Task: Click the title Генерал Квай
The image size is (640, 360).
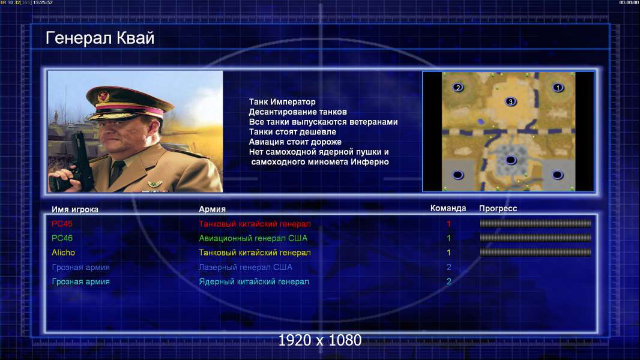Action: (x=100, y=38)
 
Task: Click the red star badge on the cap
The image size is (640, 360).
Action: (x=103, y=97)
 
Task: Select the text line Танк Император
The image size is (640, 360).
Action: (x=282, y=102)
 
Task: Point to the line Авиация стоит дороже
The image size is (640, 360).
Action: (x=295, y=142)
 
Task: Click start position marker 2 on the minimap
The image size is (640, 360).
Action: (x=458, y=87)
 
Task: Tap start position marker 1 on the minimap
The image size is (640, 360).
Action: (x=558, y=87)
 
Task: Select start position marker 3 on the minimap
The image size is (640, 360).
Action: (x=510, y=101)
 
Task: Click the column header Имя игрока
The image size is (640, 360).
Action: (x=74, y=209)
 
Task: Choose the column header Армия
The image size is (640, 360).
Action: (x=213, y=209)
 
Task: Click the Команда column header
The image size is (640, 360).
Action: (x=448, y=208)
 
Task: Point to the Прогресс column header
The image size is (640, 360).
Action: (x=498, y=209)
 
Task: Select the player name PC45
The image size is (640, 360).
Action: (x=62, y=224)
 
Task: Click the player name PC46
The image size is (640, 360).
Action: (x=62, y=238)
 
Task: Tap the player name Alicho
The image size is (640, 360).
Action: (x=63, y=253)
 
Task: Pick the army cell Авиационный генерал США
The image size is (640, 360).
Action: (x=253, y=238)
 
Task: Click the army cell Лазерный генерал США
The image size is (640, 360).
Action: (x=246, y=268)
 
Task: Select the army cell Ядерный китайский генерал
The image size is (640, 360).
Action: (x=254, y=282)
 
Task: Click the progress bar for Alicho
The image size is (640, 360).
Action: (x=536, y=253)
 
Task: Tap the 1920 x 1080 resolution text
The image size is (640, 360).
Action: (x=319, y=340)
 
